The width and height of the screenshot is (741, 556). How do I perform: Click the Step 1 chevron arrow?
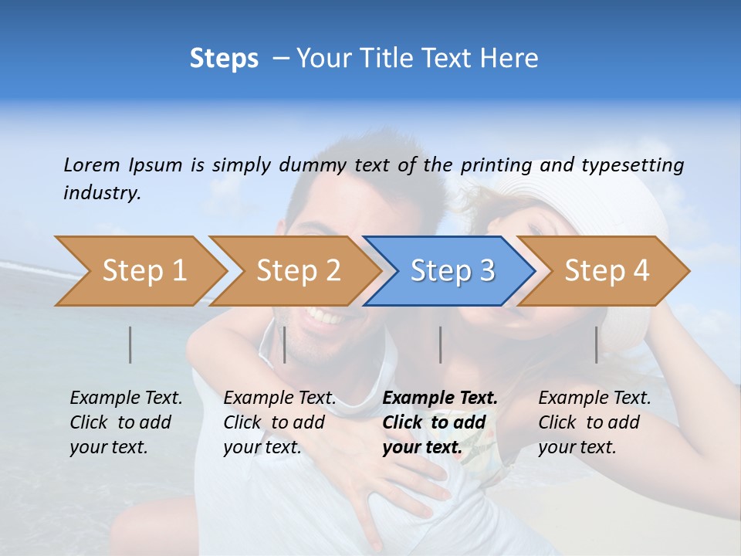coord(141,271)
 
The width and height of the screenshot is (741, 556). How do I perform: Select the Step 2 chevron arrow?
coord(296,271)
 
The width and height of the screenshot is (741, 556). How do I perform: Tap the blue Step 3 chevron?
coord(450,271)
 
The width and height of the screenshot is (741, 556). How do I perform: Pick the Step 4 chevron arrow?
coord(604,271)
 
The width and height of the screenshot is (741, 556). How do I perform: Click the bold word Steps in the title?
coord(224,59)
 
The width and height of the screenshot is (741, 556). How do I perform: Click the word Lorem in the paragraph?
coord(91,164)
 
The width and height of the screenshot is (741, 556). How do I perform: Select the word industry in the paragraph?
coord(102,192)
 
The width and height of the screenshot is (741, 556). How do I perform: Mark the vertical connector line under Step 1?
coord(130,344)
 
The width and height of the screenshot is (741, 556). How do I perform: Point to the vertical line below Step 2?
coord(285,344)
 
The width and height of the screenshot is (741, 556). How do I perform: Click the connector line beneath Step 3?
coord(441,344)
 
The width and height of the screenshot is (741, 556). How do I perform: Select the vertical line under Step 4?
coord(597,344)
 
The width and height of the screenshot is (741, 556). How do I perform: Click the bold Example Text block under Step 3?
coord(440,422)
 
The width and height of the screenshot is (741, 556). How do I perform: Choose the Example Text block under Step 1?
coord(126,422)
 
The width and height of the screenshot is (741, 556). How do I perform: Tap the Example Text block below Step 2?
coord(279,422)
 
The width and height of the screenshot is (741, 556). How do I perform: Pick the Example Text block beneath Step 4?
coord(594,422)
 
